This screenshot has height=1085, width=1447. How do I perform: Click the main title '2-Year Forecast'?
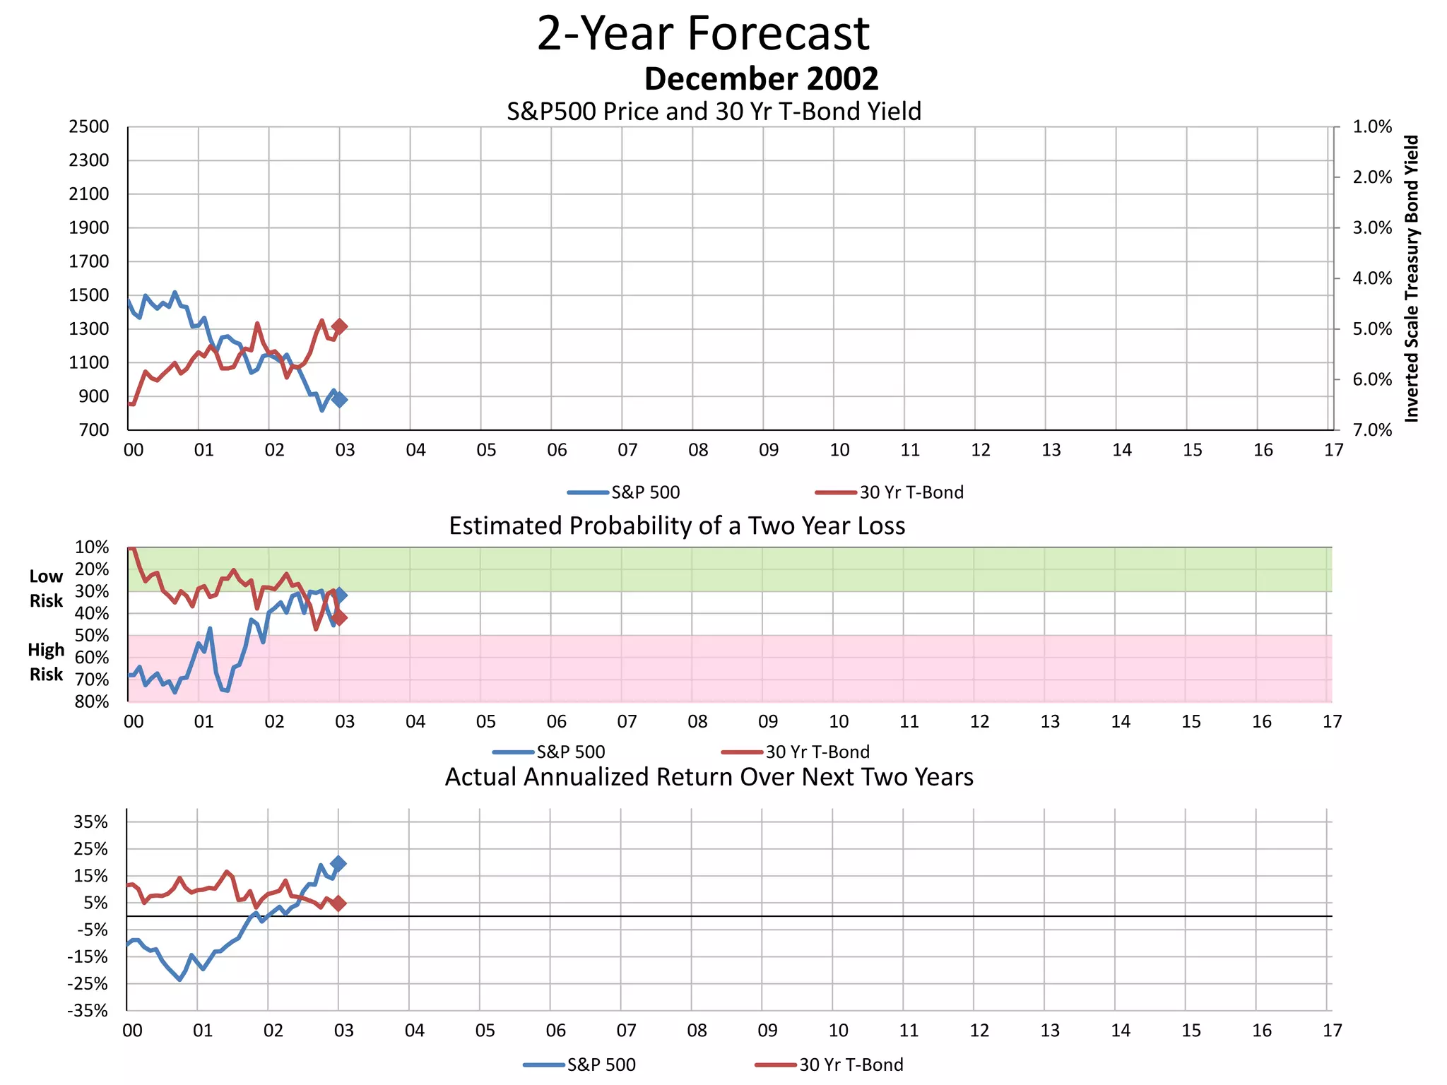point(703,33)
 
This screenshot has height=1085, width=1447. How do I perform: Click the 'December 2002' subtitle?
point(761,78)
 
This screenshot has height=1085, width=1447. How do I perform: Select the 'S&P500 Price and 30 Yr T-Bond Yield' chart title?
point(714,112)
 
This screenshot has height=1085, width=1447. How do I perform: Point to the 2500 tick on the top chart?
point(89,127)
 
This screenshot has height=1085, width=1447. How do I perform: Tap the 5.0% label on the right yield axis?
point(1372,329)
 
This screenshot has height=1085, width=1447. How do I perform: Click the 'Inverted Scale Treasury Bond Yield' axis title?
point(1412,278)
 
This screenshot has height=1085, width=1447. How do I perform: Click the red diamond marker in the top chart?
point(340,326)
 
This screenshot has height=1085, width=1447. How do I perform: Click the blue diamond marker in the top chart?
point(340,400)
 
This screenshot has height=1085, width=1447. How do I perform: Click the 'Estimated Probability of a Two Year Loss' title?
point(677,526)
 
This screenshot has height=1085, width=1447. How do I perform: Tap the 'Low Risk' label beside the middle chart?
point(46,588)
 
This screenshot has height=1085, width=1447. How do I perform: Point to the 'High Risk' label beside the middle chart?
point(46,662)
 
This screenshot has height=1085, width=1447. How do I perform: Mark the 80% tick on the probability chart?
point(92,702)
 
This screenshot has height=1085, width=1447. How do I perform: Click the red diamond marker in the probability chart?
point(340,618)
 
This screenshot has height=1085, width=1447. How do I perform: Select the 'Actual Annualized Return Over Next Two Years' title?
point(709,777)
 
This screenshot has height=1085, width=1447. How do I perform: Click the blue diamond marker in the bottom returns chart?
point(338,863)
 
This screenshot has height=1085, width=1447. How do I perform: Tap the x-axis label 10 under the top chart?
point(839,450)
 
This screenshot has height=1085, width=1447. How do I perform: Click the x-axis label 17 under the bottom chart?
point(1332,1031)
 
